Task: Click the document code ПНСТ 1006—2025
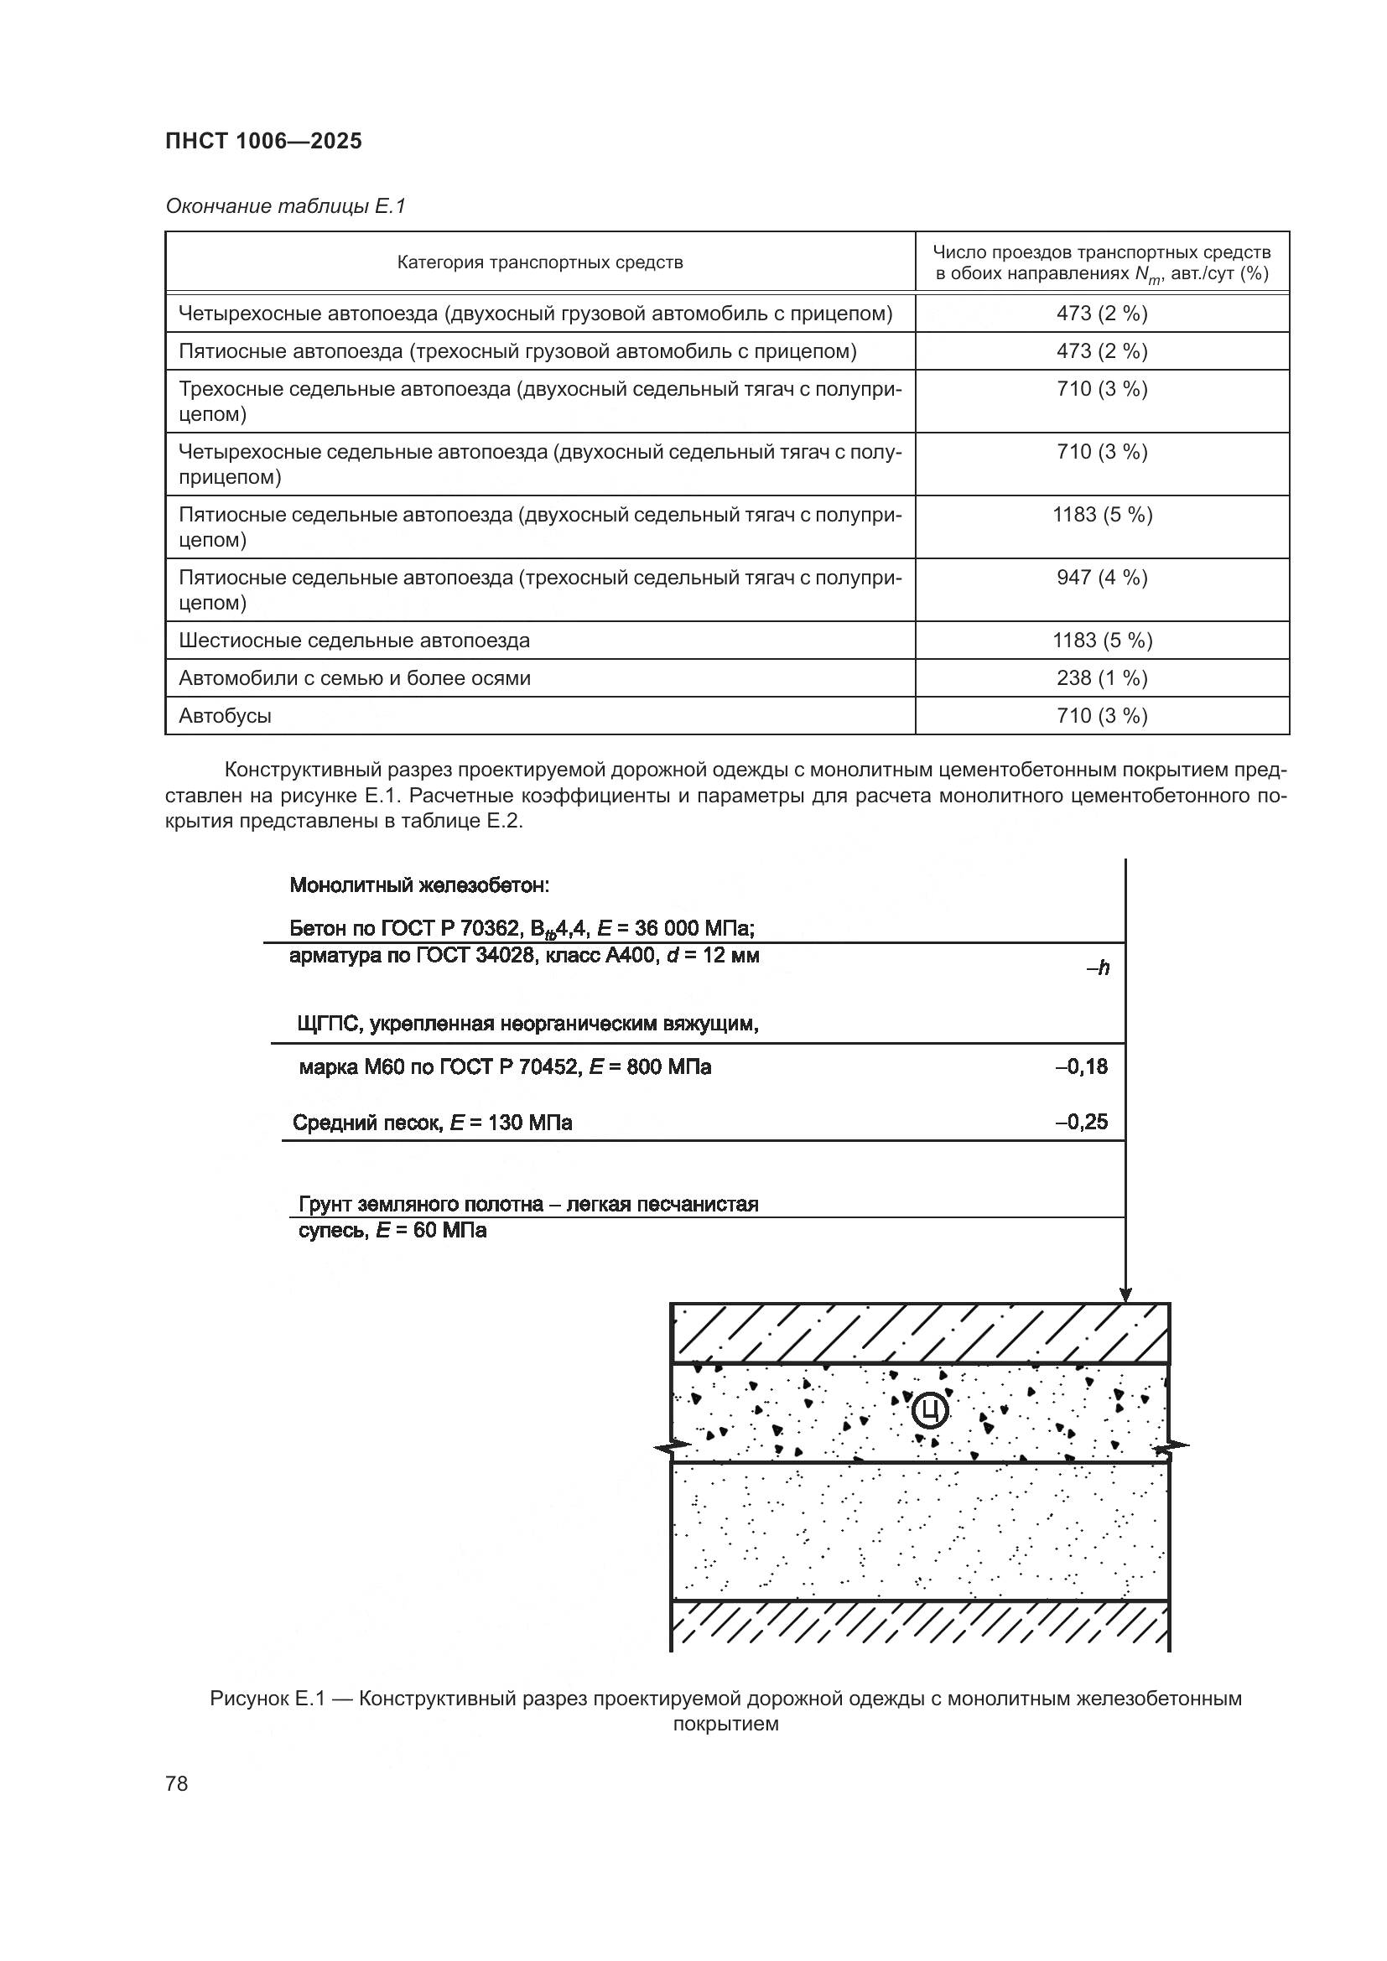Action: [263, 141]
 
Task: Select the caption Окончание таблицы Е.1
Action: [285, 206]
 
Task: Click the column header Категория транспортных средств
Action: [540, 262]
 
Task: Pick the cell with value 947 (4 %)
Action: [1102, 578]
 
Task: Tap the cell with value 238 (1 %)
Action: [1102, 678]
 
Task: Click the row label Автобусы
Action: [225, 716]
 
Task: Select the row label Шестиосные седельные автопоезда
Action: [354, 641]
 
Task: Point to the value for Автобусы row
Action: [1102, 716]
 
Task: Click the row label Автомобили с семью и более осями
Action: [355, 678]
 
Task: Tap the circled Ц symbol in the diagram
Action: [930, 1411]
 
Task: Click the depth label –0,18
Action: [1081, 1066]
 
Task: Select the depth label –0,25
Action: [1081, 1123]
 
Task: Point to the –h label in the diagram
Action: [1099, 968]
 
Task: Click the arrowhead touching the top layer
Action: [1125, 1294]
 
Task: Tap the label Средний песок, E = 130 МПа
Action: [432, 1123]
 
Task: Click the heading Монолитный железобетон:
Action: [418, 885]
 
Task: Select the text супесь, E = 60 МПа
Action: [392, 1231]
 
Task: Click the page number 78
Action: [177, 1783]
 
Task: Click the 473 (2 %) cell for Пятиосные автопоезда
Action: [1102, 351]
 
